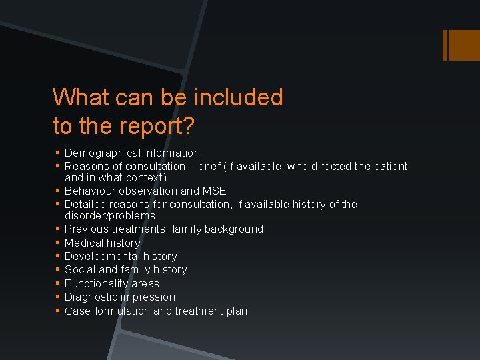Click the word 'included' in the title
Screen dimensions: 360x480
[x=238, y=97]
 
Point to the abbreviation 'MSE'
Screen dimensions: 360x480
[x=214, y=191]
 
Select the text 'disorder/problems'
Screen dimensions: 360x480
[x=110, y=216]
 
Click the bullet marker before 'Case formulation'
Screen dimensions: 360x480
[x=58, y=311]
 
